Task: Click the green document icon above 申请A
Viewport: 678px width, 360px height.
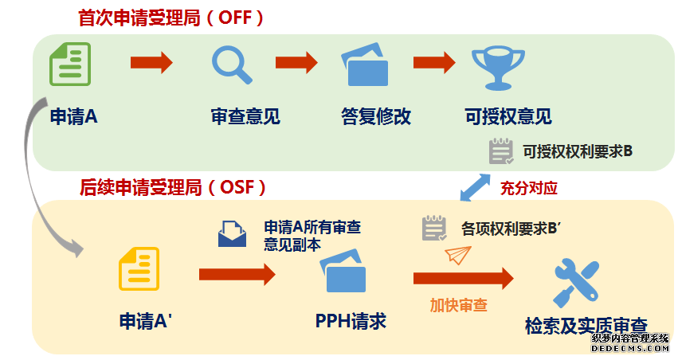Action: [70, 65]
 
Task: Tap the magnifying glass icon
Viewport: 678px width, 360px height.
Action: [231, 65]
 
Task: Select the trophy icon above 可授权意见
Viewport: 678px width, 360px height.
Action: [495, 65]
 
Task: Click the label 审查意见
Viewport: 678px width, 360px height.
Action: [245, 117]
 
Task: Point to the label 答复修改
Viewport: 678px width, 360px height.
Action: [375, 117]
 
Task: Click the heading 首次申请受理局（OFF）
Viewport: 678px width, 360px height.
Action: [171, 18]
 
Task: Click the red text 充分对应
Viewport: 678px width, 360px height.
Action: [528, 188]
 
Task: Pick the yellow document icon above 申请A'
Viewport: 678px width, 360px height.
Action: [139, 268]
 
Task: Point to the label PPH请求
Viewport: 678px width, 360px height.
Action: [351, 321]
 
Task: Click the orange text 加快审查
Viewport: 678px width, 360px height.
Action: [459, 304]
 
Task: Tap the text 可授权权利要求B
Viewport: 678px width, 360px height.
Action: [577, 150]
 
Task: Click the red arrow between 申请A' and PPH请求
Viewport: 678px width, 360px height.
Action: [237, 275]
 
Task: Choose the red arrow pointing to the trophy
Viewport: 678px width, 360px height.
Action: [433, 63]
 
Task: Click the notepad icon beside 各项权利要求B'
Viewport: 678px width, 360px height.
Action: [434, 229]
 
